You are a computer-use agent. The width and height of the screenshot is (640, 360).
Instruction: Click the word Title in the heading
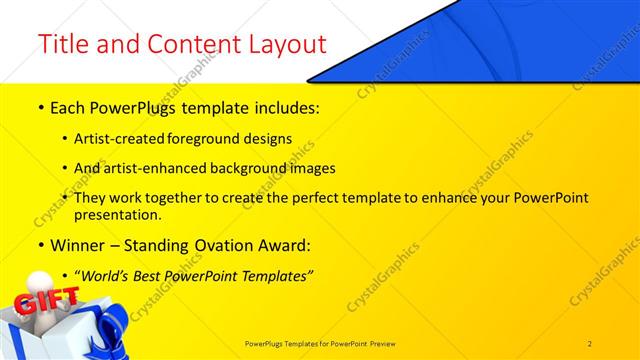[62, 45]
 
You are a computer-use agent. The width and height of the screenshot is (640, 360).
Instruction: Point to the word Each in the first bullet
[68, 105]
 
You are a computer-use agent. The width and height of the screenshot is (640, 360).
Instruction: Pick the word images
[306, 168]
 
